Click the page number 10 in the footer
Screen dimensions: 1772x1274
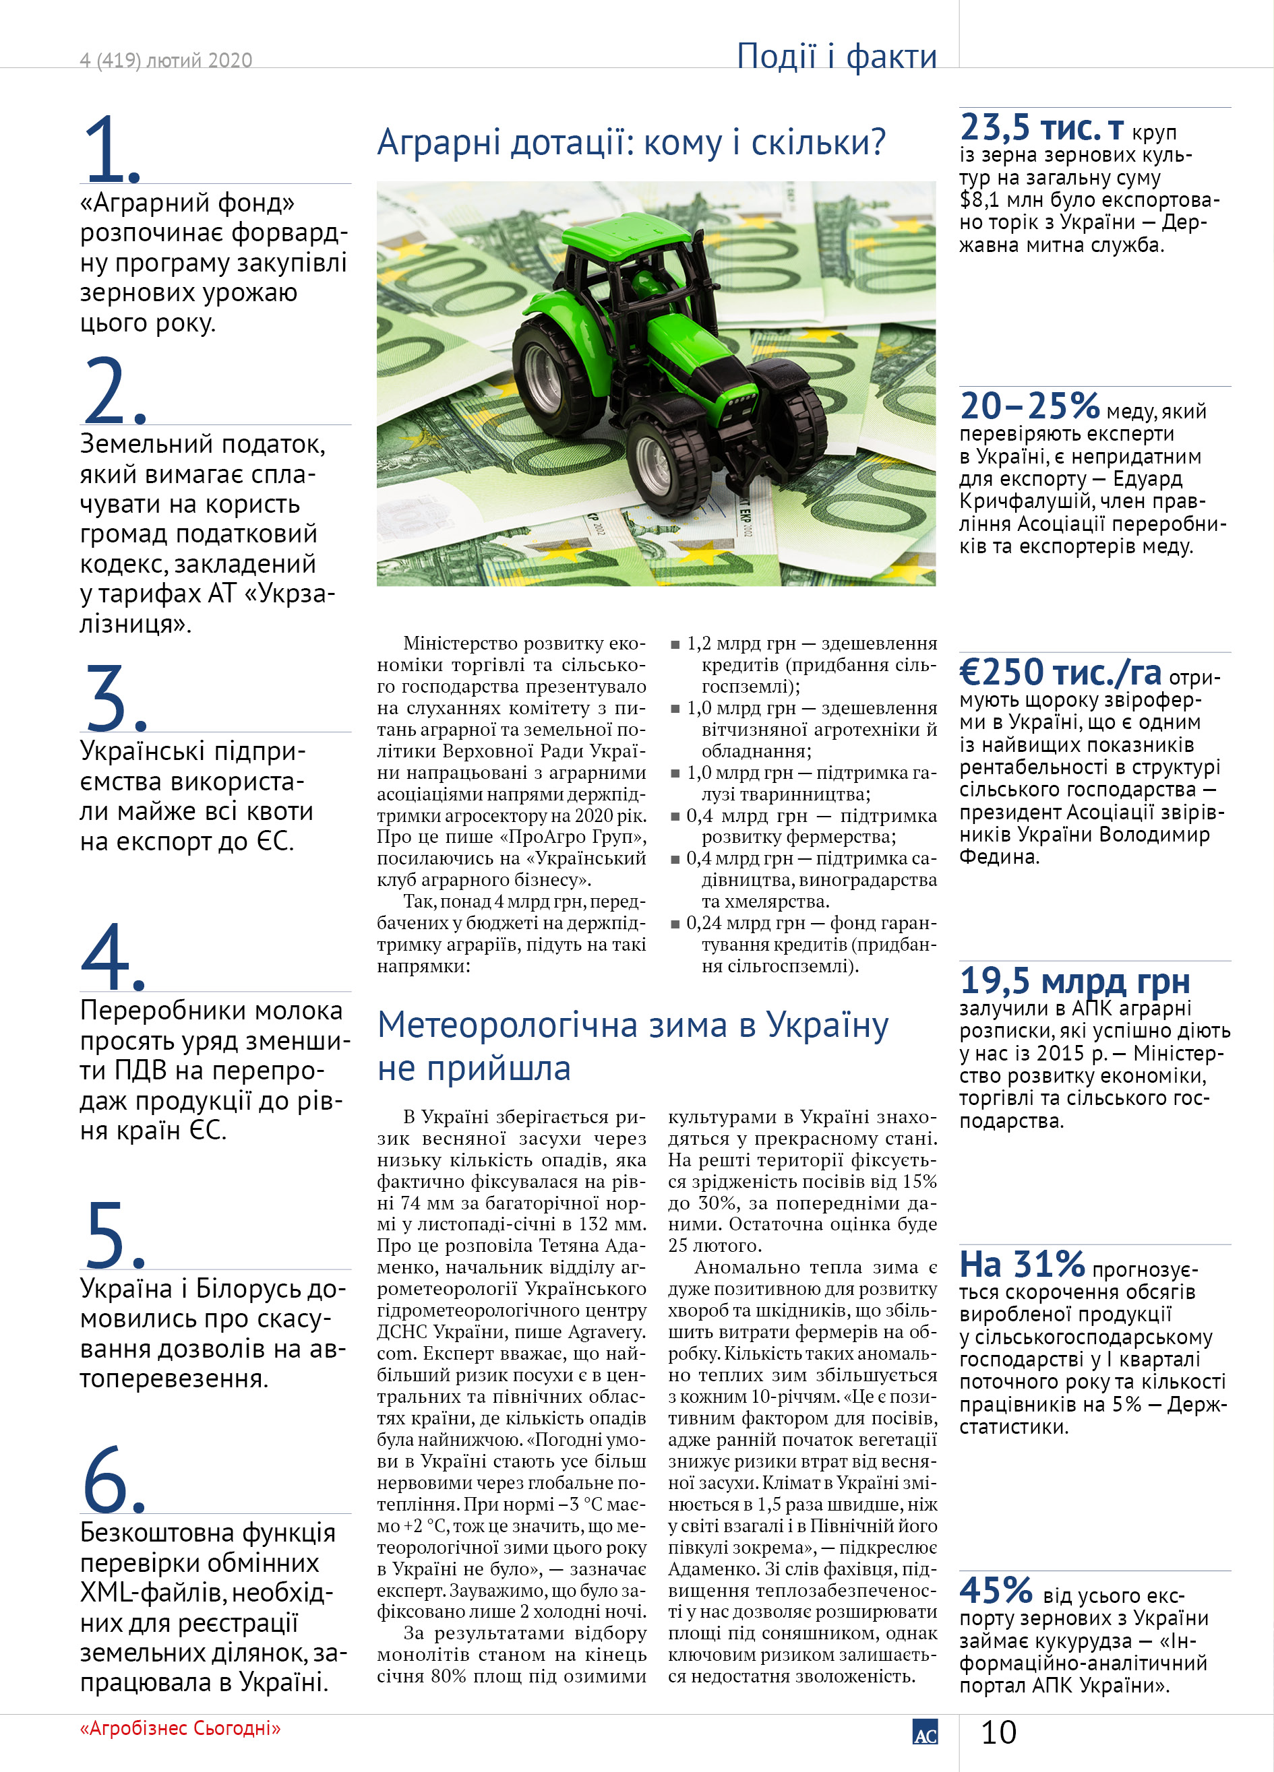tap(998, 1732)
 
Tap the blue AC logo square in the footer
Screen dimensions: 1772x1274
tap(925, 1732)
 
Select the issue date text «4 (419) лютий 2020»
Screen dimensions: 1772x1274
tap(166, 60)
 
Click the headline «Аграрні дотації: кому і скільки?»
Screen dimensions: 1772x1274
tap(632, 142)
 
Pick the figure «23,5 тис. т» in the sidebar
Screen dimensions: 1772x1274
tap(1042, 127)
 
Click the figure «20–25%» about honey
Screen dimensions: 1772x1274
tap(1029, 406)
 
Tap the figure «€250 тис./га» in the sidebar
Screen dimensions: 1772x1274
tap(1060, 672)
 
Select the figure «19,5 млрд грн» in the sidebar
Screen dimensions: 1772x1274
tap(1074, 981)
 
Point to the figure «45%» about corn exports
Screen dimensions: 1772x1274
tap(996, 1590)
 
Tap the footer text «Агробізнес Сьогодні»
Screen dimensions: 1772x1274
tap(180, 1728)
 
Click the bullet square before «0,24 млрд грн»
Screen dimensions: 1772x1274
tap(675, 924)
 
